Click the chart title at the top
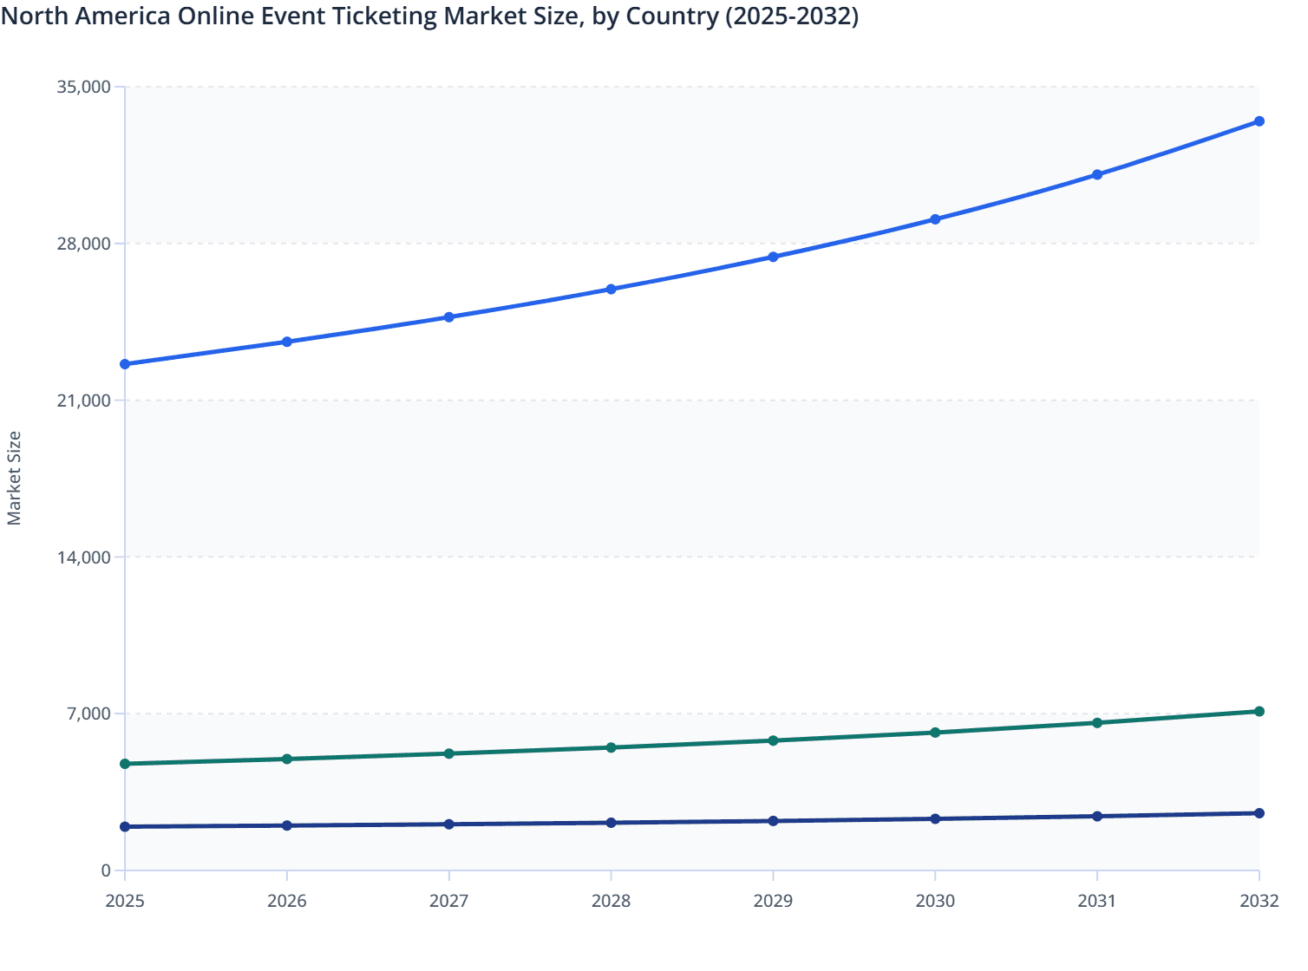point(430,16)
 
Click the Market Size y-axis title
point(14,478)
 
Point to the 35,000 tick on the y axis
point(83,87)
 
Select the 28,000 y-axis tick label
point(83,244)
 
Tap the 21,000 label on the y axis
point(83,401)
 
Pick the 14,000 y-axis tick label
point(83,557)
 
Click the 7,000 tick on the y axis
point(88,714)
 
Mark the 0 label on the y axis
point(106,870)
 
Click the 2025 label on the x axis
point(125,901)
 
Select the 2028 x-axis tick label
point(611,901)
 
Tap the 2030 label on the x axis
point(935,901)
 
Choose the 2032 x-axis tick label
point(1259,901)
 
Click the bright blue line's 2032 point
point(1259,121)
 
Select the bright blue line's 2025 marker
point(125,364)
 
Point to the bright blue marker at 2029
point(773,257)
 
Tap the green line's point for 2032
point(1259,712)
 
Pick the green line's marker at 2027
point(449,753)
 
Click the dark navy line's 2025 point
point(125,827)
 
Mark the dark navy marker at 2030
point(935,819)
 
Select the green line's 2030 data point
point(935,733)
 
